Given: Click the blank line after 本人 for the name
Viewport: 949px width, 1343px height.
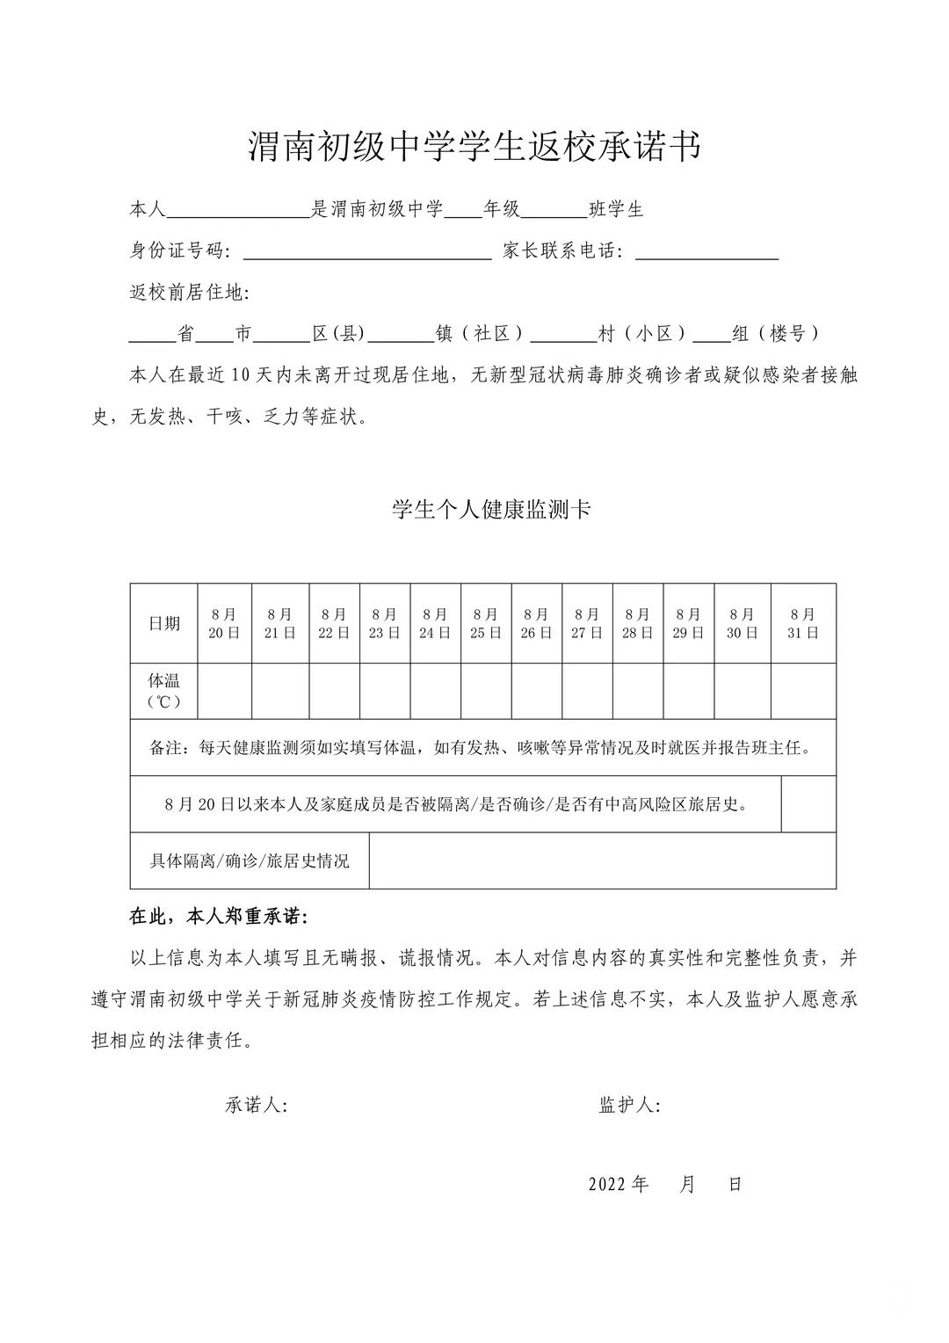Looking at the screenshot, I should point(237,211).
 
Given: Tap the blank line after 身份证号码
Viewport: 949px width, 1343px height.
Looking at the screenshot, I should point(366,252).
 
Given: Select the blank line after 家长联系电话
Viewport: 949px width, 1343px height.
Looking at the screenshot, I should point(706,252).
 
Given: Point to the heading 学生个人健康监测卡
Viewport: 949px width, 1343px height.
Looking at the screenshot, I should point(491,510).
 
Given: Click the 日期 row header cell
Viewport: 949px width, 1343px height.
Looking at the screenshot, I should point(164,623).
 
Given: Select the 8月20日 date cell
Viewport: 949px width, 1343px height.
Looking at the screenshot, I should point(224,623).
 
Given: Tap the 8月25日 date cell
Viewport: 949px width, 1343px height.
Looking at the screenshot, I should point(485,623).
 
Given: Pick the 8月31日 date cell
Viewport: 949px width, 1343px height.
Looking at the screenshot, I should point(802,623).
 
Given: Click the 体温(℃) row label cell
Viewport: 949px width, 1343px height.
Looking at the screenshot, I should point(164,691).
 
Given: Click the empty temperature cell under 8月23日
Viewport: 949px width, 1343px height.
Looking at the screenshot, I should point(384,691).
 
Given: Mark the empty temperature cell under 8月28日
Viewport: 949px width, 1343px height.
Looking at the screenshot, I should point(637,691).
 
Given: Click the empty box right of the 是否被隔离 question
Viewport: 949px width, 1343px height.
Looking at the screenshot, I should point(808,803).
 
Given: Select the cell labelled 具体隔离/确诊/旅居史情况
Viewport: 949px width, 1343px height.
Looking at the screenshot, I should point(250,860).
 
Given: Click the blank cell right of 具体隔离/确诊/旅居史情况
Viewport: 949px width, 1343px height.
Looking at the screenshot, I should point(602,860).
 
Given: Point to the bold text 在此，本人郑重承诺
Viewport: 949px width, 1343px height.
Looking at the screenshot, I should point(219,917).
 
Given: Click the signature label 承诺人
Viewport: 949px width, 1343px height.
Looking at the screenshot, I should point(256,1106).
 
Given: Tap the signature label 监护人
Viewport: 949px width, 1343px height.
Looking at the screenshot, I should point(629,1106).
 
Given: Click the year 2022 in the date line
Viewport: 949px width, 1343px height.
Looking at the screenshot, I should point(607,1184).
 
